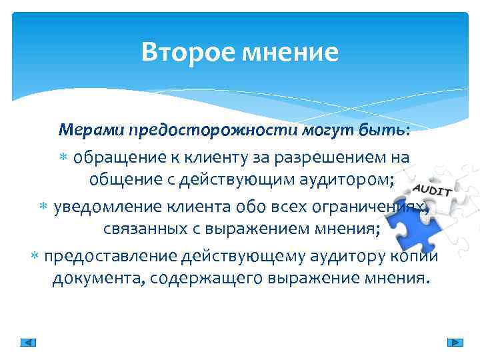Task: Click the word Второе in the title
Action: tap(185, 52)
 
